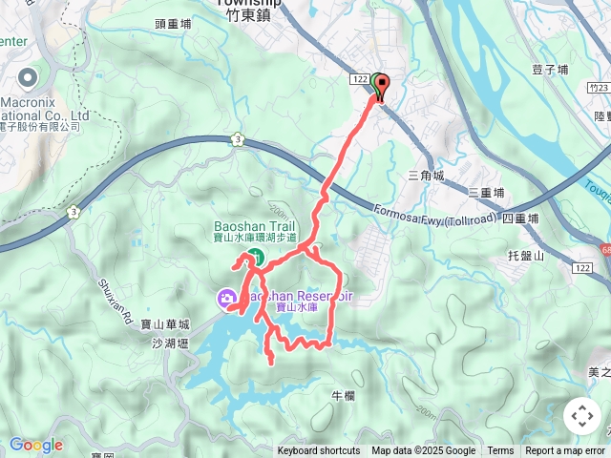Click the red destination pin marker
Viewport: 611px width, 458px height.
(x=383, y=87)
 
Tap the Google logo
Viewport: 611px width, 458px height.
(x=36, y=445)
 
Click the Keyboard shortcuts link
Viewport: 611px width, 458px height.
(x=319, y=451)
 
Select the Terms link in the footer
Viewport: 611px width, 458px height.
(x=500, y=451)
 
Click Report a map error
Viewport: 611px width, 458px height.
(x=566, y=451)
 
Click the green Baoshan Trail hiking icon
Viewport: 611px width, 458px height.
(x=256, y=256)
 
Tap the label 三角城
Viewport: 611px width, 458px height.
(x=426, y=176)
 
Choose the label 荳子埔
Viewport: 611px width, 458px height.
(x=550, y=70)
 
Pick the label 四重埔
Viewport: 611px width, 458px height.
(x=520, y=219)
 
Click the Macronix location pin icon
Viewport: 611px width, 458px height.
(x=25, y=76)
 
